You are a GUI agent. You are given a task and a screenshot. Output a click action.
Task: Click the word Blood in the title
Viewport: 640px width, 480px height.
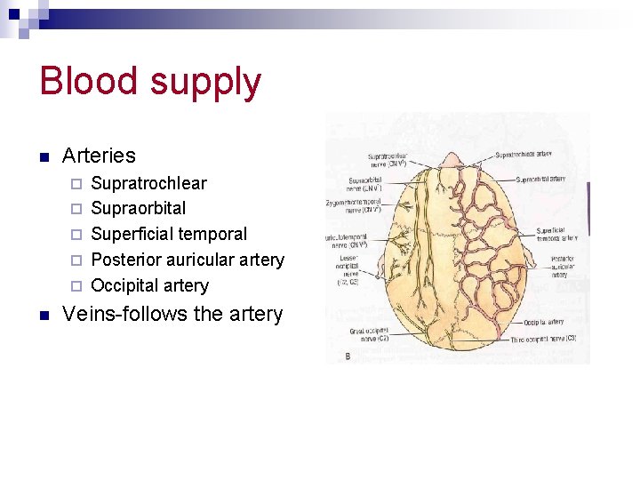click(x=88, y=81)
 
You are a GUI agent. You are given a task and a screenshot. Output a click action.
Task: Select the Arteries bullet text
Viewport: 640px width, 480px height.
click(x=99, y=156)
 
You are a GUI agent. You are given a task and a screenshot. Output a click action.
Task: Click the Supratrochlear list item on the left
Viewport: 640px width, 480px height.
click(x=148, y=184)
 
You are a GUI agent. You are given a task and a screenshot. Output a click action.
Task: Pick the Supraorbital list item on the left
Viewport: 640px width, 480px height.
click(x=138, y=209)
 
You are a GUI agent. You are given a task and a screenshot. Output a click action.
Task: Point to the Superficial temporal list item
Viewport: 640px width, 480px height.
click(x=169, y=234)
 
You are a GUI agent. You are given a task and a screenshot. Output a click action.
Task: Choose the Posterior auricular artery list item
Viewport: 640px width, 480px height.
click(x=188, y=260)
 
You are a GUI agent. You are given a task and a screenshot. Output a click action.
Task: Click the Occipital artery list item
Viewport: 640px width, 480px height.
click(x=149, y=285)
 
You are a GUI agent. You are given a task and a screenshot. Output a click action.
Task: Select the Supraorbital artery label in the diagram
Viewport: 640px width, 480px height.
click(x=540, y=179)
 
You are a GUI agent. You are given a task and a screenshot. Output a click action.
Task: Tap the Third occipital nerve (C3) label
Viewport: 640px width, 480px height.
click(x=543, y=338)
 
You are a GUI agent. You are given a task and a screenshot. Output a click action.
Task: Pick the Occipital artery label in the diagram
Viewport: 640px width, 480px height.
click(x=543, y=322)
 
